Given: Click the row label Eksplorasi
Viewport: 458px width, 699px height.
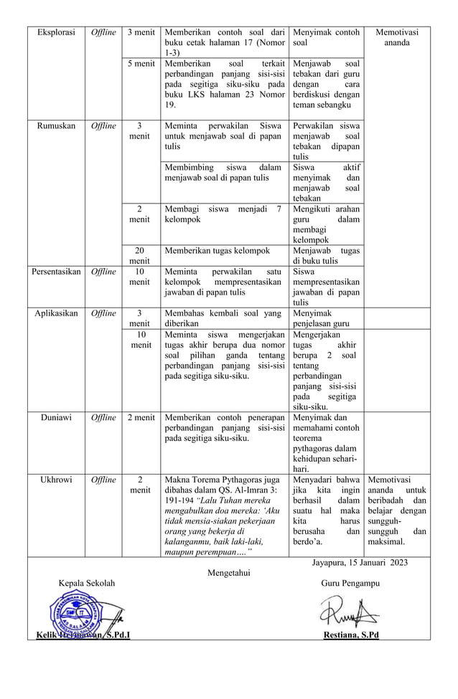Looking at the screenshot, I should click(x=56, y=32).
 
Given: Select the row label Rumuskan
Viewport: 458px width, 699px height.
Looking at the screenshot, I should click(x=57, y=125).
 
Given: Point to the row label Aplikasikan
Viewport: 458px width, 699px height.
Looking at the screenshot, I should click(x=57, y=313).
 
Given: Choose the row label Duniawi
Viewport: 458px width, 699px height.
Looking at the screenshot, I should click(x=57, y=417).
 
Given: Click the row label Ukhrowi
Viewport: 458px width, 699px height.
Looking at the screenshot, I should click(x=57, y=480).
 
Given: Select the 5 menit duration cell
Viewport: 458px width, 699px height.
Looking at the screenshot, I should click(x=140, y=64).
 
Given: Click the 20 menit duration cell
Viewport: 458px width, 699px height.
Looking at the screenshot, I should click(x=140, y=256).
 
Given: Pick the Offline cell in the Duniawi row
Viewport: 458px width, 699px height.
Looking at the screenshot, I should click(x=103, y=417).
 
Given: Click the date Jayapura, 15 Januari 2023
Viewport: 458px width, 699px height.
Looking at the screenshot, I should click(x=360, y=562).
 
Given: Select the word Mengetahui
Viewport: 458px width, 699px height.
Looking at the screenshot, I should click(x=230, y=573).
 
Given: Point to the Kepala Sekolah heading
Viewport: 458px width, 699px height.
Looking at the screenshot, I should click(x=86, y=584).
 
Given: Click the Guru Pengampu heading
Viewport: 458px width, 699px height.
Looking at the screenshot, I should click(x=351, y=584).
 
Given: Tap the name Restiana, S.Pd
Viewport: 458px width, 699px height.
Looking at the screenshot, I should click(x=351, y=634).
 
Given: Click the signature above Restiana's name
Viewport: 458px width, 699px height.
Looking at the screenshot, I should click(x=348, y=614).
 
